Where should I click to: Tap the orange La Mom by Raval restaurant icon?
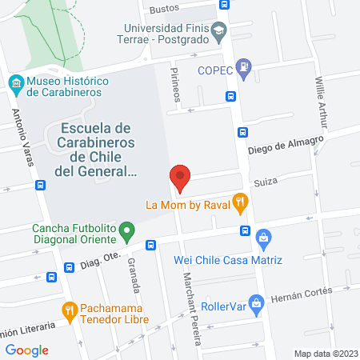[x=239, y=203]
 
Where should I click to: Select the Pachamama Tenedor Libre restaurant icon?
[x=70, y=310]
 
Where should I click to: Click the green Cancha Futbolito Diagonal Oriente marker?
[x=126, y=233]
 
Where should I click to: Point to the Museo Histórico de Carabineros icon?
[x=16, y=82]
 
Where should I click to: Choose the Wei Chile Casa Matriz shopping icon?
[x=264, y=238]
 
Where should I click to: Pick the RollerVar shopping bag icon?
[x=256, y=303]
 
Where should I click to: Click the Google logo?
[x=27, y=350]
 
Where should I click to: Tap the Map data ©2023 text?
[x=324, y=353]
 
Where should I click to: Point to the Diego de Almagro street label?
[x=285, y=144]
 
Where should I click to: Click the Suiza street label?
[x=265, y=182]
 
